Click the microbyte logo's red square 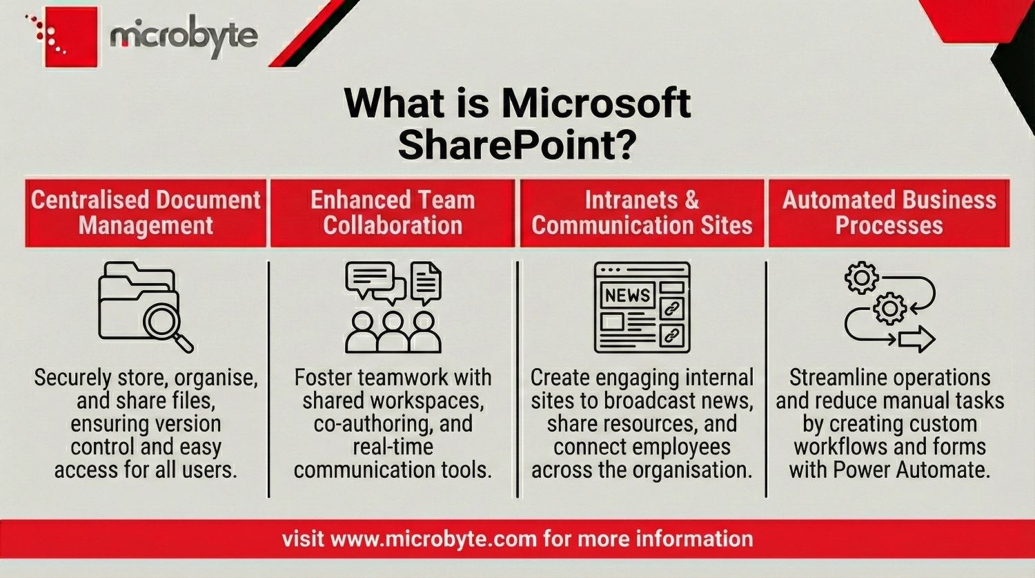pos(71,37)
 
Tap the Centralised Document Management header pos(146,213)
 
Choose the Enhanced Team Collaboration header pos(393,213)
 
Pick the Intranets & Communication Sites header pos(642,213)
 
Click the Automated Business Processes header pos(889,213)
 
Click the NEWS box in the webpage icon pos(627,295)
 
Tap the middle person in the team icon pos(393,331)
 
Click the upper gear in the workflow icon pos(861,278)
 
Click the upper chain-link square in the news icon pos(671,308)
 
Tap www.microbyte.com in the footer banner pos(433,539)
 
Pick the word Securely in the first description pos(72,378)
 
